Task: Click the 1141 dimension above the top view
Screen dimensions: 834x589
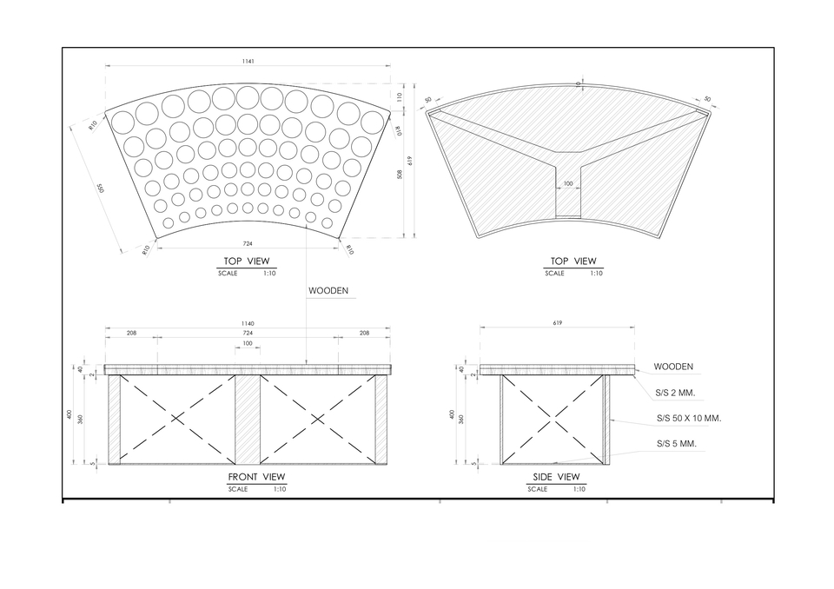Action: coord(248,62)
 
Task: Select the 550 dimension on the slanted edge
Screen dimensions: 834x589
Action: coord(100,189)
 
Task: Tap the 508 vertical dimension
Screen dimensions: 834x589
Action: coord(399,174)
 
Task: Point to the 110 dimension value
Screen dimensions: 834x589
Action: coord(399,97)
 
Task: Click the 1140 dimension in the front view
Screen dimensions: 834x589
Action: coord(248,323)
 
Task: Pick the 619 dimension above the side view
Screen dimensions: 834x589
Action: coord(558,322)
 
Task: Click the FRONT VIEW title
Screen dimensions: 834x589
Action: coord(256,477)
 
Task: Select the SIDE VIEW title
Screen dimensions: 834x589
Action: coord(556,477)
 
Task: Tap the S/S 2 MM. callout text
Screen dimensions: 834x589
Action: coord(675,393)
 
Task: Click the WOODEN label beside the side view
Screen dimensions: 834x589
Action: coord(673,367)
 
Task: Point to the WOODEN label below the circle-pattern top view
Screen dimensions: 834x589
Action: coord(328,291)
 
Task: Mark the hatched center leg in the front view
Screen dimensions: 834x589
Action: coord(248,420)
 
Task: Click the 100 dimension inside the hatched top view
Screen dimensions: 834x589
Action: coord(568,184)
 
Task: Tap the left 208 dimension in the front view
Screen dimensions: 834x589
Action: coord(131,333)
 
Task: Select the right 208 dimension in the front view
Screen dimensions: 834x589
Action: coord(364,333)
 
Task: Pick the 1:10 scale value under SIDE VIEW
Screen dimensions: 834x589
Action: coord(579,489)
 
